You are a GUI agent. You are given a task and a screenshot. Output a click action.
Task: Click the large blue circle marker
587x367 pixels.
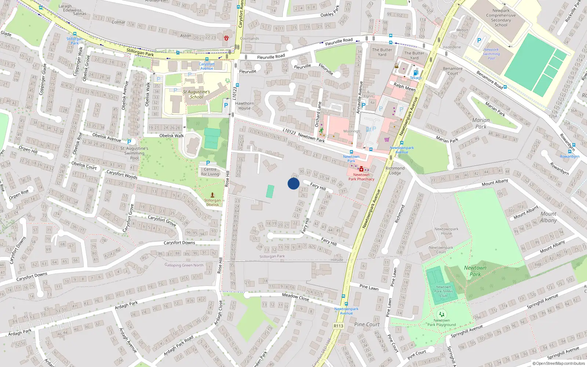click(293, 183)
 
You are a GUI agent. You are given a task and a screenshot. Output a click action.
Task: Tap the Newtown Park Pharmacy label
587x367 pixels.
click(361, 177)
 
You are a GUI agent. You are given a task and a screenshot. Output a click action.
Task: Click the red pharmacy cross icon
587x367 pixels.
click(361, 169)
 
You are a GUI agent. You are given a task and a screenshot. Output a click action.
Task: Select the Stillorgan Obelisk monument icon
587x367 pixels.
click(212, 195)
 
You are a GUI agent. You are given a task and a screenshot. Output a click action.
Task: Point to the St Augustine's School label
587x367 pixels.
click(196, 94)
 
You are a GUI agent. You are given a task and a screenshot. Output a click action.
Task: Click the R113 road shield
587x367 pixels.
click(338, 326)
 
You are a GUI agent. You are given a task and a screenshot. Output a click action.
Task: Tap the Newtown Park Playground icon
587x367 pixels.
click(441, 314)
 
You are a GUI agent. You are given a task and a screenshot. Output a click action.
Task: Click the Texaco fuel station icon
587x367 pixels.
click(415, 73)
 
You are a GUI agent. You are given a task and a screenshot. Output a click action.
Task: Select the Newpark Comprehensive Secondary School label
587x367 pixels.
click(501, 18)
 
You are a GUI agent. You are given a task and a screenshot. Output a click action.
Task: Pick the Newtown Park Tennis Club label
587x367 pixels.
click(444, 291)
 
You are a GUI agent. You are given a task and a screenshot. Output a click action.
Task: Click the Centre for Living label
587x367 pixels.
click(210, 172)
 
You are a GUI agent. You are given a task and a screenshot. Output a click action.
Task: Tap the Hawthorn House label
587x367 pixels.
click(244, 106)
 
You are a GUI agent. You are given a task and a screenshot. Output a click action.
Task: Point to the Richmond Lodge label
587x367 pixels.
click(395, 171)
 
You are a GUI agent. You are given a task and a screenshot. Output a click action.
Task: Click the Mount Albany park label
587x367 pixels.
click(548, 217)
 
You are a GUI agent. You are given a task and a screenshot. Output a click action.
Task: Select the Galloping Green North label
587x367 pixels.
click(184, 265)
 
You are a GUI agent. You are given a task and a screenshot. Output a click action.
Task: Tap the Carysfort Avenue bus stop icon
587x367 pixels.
click(207, 59)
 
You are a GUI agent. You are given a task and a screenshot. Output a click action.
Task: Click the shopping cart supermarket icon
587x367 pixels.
click(387, 139)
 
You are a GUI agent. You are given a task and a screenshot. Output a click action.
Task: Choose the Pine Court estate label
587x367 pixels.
click(367, 324)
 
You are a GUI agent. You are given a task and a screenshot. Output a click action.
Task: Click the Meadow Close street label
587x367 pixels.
click(295, 297)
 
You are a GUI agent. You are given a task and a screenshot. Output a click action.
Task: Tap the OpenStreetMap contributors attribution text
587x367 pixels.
click(558, 363)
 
